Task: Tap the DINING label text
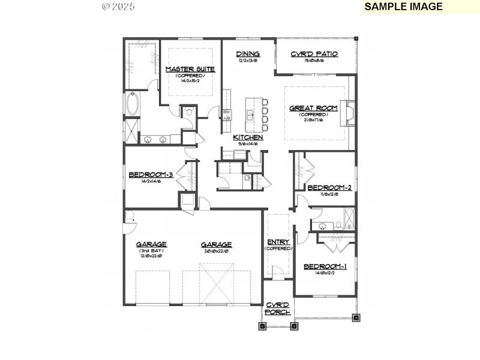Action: click(x=247, y=54)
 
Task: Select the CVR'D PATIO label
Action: click(x=314, y=54)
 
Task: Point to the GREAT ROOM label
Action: click(x=313, y=109)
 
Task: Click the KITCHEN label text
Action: click(x=248, y=137)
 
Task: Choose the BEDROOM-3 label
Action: click(x=151, y=175)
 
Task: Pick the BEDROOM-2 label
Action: click(x=329, y=188)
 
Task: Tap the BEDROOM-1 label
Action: click(x=325, y=266)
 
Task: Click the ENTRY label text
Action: click(x=278, y=242)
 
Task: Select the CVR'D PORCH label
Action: click(x=278, y=308)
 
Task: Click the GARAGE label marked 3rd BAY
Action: click(x=151, y=244)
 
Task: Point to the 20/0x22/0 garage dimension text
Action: click(x=216, y=251)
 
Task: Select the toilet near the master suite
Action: click(x=188, y=112)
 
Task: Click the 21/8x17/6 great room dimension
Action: click(x=313, y=120)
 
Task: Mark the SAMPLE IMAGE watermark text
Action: click(x=403, y=7)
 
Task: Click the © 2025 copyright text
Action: click(x=118, y=6)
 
